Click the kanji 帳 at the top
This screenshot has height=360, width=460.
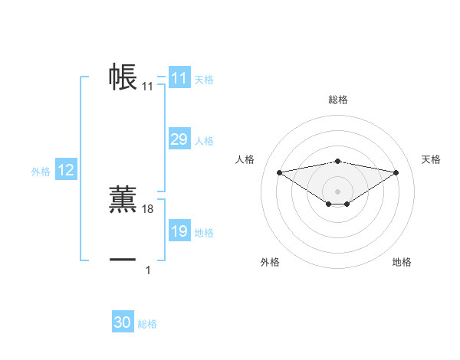coord(123,77)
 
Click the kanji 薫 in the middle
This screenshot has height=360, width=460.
coord(123,198)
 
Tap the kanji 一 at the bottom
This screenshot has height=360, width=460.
coord(123,260)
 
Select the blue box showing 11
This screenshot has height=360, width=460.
coord(179,78)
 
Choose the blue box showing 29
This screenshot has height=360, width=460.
coord(179,139)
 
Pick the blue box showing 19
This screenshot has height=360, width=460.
coord(179,231)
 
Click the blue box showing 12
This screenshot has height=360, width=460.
coord(65,171)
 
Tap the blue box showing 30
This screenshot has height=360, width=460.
coord(122,322)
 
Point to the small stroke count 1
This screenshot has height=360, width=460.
coord(148,270)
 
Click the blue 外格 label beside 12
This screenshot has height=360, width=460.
coord(41,172)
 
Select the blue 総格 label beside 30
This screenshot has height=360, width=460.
coord(147,324)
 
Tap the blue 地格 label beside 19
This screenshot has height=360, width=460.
coord(204,233)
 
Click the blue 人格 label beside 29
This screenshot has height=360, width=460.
coord(204,141)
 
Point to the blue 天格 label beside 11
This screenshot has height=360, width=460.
coord(204,80)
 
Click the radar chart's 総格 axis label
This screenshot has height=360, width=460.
coord(338,100)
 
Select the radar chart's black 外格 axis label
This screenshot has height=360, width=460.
coord(270,263)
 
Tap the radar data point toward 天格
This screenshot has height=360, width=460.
coord(396,172)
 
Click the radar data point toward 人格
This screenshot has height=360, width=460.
coord(279,172)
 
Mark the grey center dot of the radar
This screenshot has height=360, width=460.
coord(337,191)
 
